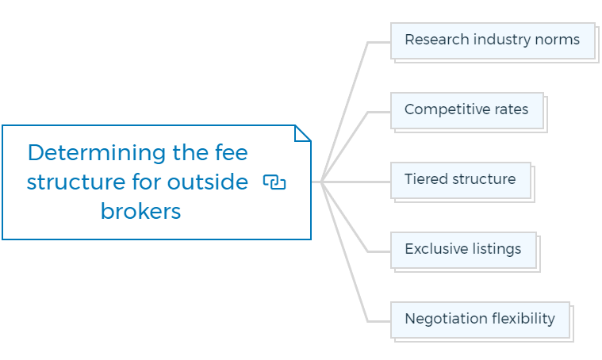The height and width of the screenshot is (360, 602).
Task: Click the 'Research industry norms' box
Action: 493,40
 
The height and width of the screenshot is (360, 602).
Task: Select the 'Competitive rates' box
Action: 467,110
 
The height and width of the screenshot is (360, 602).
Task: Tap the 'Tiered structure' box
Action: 461,180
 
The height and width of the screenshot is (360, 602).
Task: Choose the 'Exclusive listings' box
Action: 463,251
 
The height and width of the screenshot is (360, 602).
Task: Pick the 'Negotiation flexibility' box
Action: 481,320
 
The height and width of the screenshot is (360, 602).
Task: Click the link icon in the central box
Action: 274,182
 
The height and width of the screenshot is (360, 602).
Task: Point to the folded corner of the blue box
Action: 302,133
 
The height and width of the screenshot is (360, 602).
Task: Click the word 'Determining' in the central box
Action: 97,153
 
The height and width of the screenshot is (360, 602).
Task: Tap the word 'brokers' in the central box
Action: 140,211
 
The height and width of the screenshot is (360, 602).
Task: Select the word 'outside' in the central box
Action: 208,182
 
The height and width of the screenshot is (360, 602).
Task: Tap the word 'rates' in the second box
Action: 512,109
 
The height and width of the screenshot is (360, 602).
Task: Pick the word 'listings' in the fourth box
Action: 497,250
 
